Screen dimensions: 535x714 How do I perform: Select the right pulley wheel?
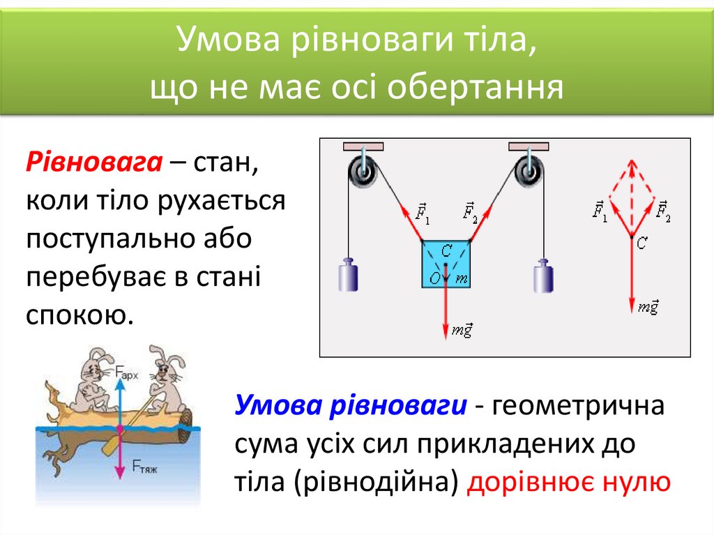(x=529, y=169)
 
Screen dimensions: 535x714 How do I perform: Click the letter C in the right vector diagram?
(x=642, y=242)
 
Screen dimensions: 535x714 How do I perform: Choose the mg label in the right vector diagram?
(x=648, y=307)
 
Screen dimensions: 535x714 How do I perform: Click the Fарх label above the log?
(x=128, y=375)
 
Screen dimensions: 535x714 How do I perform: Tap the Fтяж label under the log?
(x=145, y=469)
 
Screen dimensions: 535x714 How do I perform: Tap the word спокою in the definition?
(x=79, y=314)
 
